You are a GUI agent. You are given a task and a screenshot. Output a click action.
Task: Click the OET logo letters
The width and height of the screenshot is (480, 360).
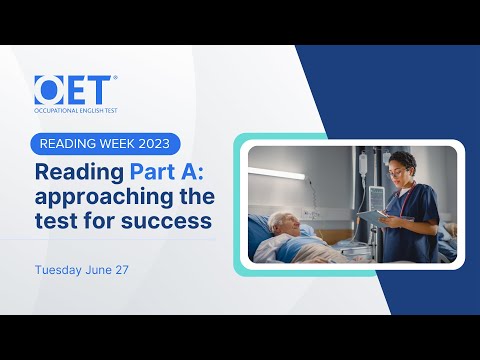[74, 89]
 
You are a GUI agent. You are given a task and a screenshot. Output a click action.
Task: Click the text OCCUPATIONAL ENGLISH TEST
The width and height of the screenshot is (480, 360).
[75, 109]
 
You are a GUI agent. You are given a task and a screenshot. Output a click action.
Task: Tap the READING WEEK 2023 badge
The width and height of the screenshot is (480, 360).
[104, 143]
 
